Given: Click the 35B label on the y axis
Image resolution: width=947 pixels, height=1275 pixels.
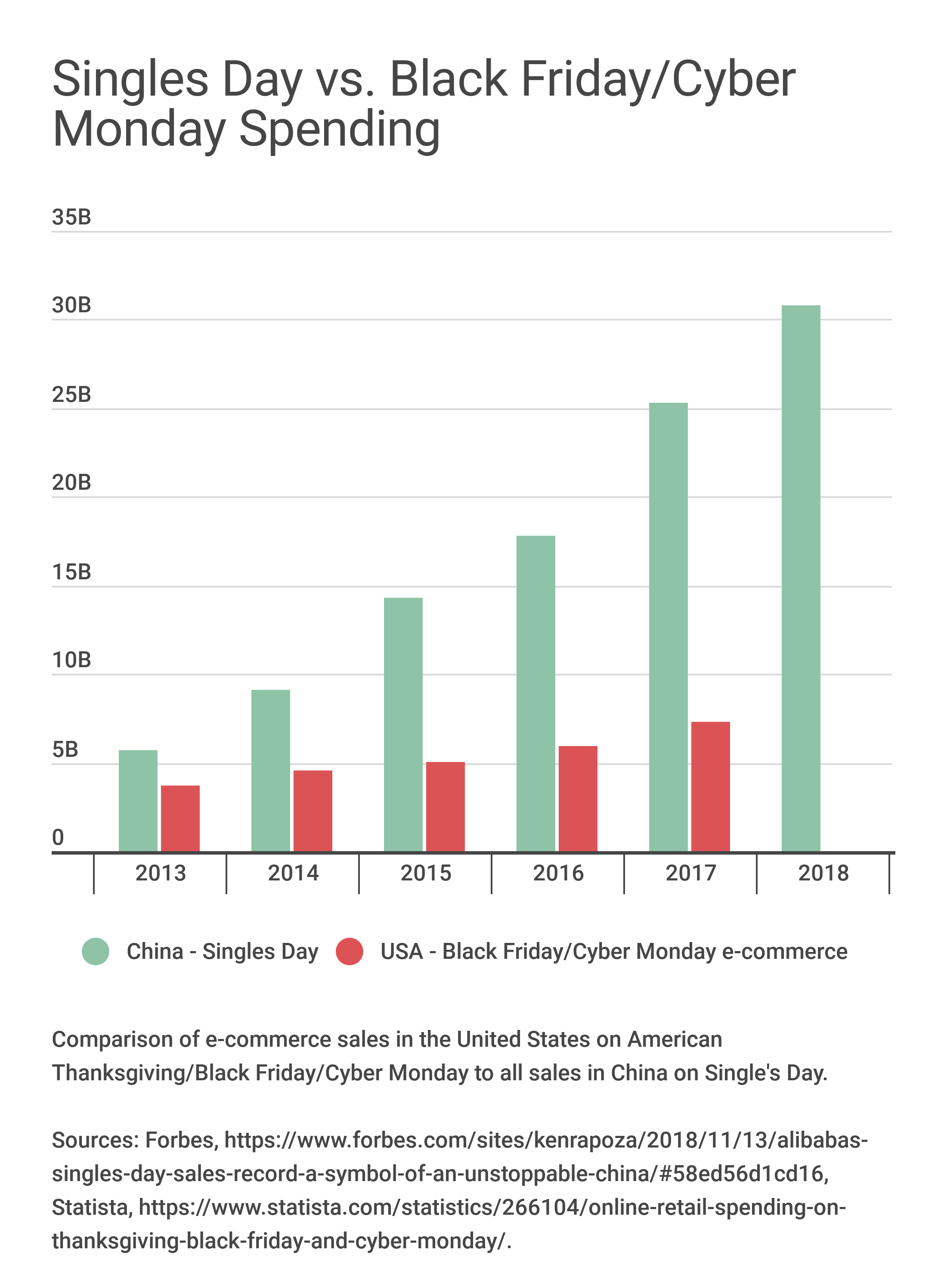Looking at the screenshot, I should (x=71, y=218).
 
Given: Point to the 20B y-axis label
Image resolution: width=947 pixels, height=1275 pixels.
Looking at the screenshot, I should (x=71, y=483).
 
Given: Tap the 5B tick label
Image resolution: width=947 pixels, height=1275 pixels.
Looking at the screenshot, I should (x=65, y=749).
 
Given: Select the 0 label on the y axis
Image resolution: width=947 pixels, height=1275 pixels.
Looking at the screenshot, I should (x=58, y=838).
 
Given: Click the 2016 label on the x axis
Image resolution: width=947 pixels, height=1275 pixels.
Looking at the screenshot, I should (x=558, y=874).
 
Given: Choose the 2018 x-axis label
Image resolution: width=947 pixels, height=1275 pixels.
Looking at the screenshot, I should (x=823, y=874).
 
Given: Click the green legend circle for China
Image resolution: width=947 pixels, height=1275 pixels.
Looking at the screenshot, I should (x=96, y=952).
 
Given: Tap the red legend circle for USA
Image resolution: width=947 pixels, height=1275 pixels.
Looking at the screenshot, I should (x=349, y=952).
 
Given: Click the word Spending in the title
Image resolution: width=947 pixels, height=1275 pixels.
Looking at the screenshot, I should (x=339, y=131).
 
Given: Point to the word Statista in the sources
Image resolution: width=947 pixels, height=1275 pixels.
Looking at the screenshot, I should (x=90, y=1207).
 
